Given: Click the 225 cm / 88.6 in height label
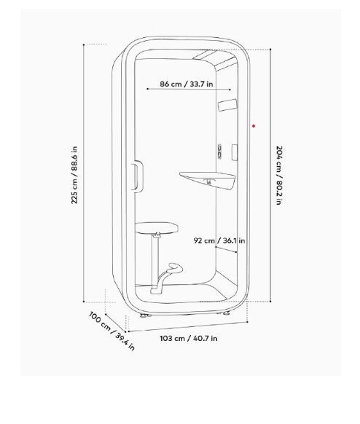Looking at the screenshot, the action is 74,175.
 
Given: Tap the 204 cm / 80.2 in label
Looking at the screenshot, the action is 279,176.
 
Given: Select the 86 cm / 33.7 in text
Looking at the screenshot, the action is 187,84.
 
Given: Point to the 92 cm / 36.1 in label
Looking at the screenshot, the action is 219,240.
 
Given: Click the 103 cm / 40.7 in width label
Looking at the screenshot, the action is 189,338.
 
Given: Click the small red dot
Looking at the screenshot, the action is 254,126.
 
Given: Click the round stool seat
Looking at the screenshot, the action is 157,227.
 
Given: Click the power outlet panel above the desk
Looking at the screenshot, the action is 220,151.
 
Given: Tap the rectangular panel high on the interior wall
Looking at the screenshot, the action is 227,105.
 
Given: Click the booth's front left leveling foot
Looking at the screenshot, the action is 144,315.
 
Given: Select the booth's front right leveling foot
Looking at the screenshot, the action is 225,313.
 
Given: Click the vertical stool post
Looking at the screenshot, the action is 155,259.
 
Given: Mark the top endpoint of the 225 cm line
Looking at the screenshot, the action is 84,44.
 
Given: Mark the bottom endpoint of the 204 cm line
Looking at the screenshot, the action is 270,301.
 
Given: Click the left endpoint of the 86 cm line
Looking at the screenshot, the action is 147,89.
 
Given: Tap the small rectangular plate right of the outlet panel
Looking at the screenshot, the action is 235,152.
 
